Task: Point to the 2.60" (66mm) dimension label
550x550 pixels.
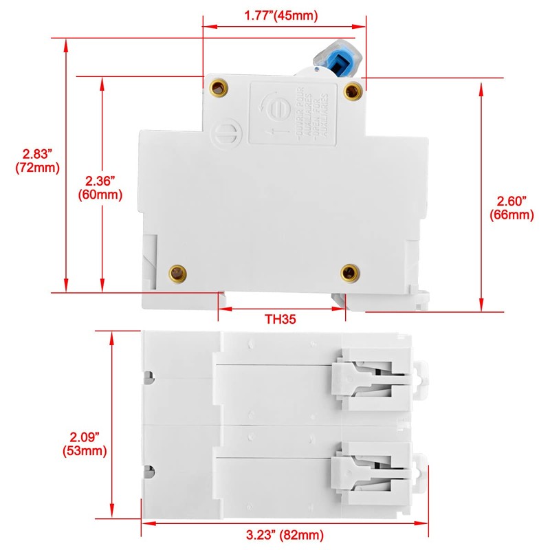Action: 511,208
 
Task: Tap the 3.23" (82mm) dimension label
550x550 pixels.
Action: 286,534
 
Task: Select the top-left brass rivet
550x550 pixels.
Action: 219,87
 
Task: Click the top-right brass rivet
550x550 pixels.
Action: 352,89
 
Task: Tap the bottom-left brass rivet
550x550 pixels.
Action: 179,273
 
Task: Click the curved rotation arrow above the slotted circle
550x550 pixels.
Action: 264,102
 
